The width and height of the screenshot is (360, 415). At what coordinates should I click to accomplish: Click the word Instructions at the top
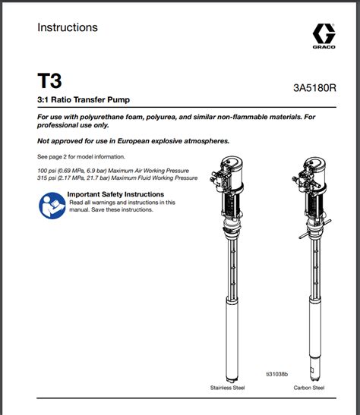coord(68,27)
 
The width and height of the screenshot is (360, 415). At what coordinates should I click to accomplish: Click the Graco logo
coord(324,36)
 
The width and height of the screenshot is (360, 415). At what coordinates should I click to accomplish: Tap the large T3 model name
coord(49,80)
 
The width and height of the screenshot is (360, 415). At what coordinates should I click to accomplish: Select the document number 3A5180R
coord(314,88)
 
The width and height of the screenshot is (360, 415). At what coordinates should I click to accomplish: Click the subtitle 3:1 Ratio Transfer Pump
coord(84,100)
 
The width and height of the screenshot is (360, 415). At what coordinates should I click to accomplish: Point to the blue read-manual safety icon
coord(52,206)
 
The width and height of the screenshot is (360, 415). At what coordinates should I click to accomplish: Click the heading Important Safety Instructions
coord(115,194)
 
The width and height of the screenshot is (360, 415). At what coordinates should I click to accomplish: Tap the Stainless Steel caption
coord(227,388)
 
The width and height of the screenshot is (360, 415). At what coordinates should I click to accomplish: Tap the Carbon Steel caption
coord(309,388)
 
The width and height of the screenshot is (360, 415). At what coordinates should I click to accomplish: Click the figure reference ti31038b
coord(276,374)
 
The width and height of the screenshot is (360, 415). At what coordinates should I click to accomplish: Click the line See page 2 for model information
coord(81,157)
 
